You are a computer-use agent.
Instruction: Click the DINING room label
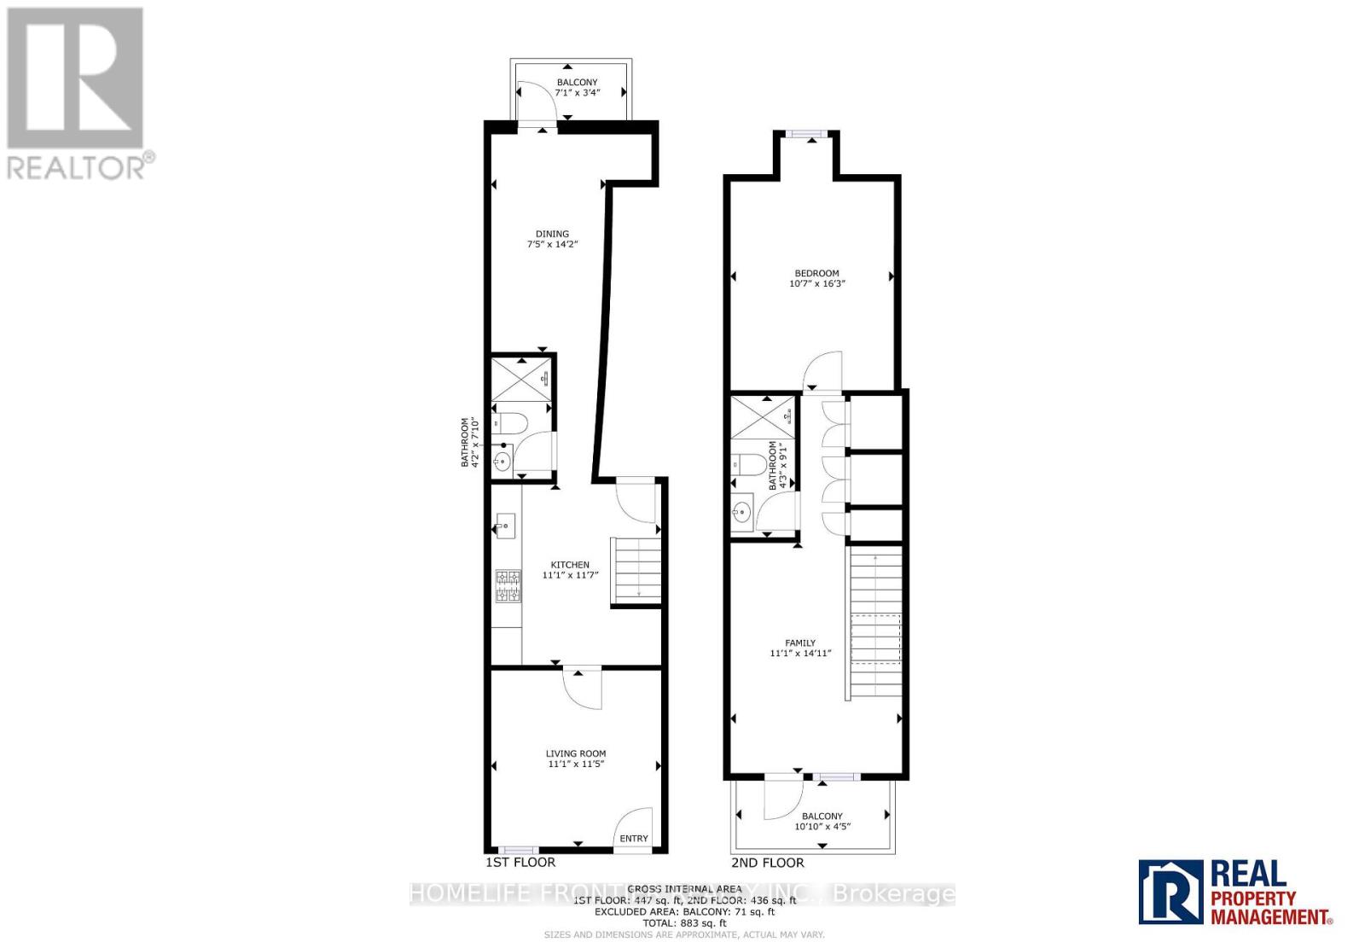tap(552, 234)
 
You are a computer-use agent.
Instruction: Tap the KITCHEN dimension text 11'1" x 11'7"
tap(570, 576)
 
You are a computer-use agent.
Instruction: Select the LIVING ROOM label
tap(576, 753)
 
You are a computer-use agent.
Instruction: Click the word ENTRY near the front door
tap(634, 838)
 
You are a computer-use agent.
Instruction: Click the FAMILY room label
tap(800, 643)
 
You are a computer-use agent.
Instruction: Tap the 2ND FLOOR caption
tap(767, 863)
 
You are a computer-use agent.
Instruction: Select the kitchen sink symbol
tap(505, 526)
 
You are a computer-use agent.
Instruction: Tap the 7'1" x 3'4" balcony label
tap(578, 87)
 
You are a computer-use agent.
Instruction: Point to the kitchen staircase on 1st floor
tap(636, 572)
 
